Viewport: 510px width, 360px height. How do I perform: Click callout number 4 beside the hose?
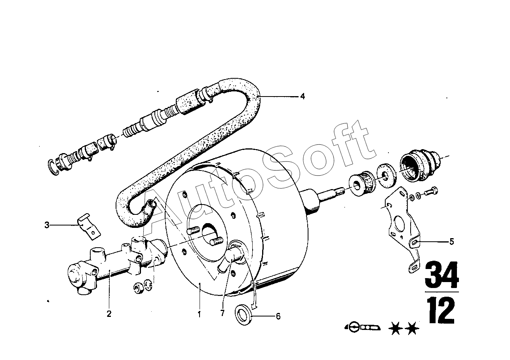click(x=302, y=97)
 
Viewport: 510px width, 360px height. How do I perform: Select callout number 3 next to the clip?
click(x=47, y=225)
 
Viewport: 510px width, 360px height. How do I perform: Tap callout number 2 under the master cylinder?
click(x=109, y=314)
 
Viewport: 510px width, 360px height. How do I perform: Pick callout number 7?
click(x=223, y=313)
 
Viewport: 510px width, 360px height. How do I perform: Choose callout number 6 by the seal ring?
click(x=278, y=316)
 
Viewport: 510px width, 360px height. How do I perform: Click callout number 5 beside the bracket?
click(x=452, y=241)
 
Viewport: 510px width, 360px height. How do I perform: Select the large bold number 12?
click(x=441, y=311)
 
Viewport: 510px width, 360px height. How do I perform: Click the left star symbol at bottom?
click(x=396, y=328)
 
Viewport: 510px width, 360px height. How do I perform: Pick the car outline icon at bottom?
click(x=362, y=328)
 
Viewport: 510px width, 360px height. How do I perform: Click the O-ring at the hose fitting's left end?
click(x=53, y=167)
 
